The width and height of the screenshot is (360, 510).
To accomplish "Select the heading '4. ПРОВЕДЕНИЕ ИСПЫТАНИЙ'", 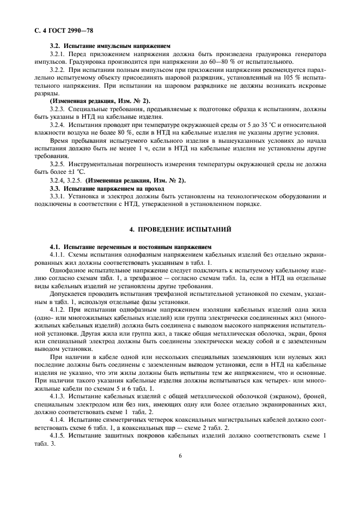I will click(180, 229).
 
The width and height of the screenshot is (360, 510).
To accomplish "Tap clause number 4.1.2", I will click(58, 309).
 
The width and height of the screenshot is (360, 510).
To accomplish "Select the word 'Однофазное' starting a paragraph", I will click(68, 270).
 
